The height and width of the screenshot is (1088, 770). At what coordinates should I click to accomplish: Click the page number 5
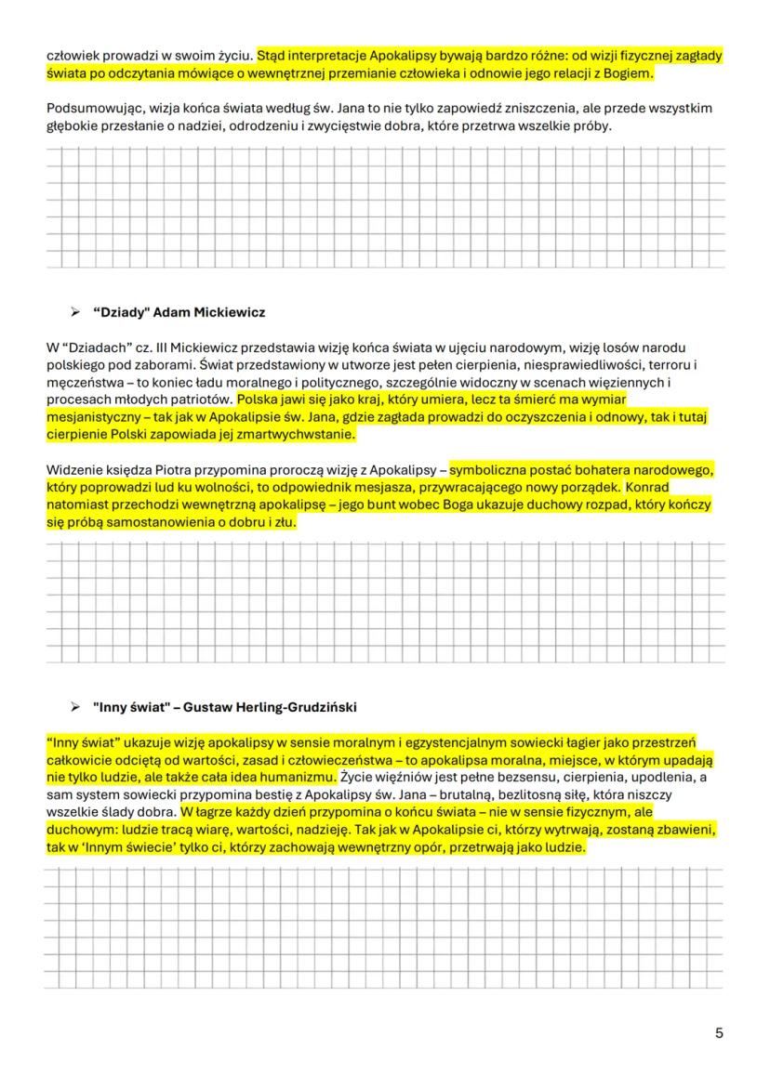coord(719,1033)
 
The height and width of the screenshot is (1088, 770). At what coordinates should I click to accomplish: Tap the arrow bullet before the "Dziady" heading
coord(76,312)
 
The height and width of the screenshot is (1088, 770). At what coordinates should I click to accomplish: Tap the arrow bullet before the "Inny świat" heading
coord(76,707)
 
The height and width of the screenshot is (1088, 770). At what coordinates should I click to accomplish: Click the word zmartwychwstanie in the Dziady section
coord(293,434)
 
